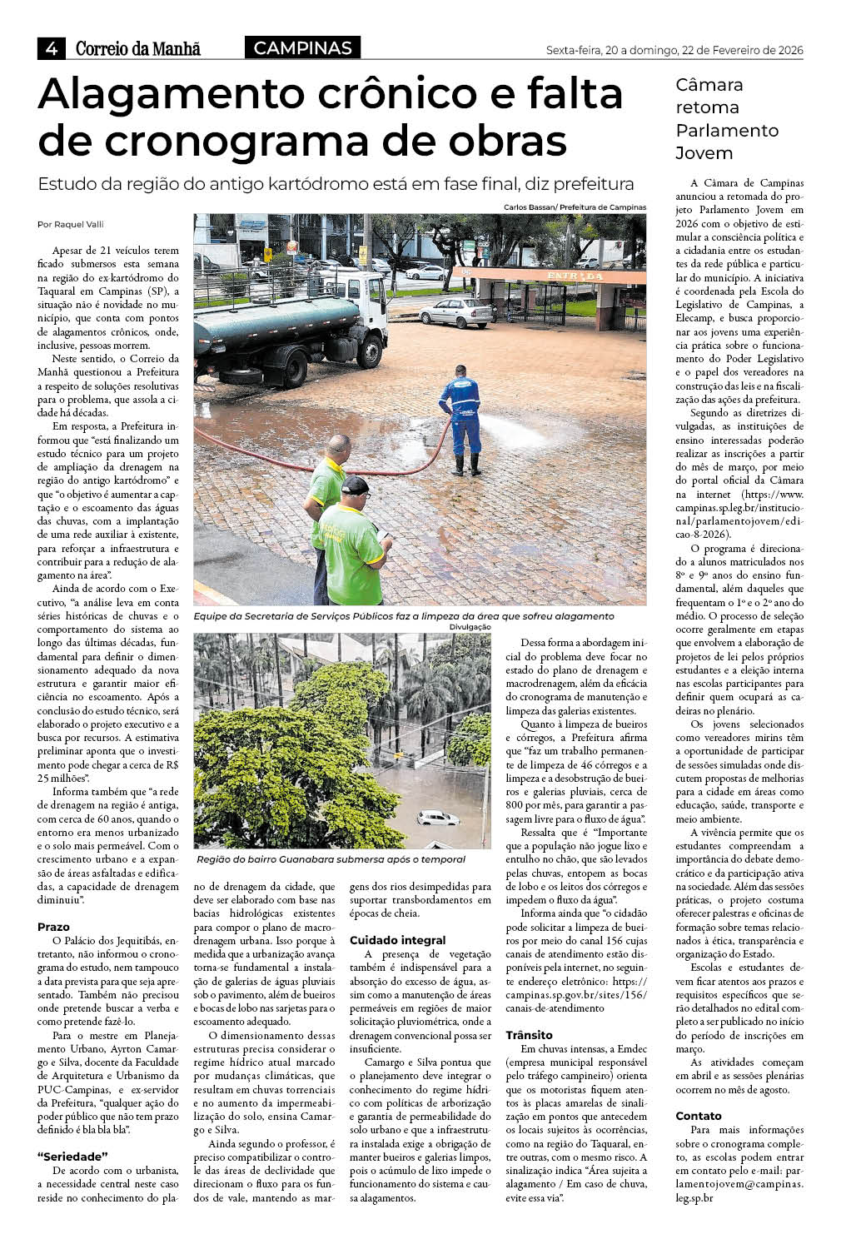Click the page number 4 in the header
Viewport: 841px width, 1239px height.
pos(51,49)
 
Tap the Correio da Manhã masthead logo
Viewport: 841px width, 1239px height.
pos(138,49)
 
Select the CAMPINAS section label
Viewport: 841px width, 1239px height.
pos(302,48)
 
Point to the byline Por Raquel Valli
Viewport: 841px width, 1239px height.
pos(71,224)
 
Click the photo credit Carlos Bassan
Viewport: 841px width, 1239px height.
pos(530,207)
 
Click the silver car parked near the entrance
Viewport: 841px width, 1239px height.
pos(455,313)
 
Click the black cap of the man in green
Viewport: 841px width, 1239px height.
pos(356,485)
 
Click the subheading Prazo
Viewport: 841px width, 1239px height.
pos(53,927)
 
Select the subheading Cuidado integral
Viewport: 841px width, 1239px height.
pos(397,940)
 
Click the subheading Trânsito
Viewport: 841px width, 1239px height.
pos(530,1035)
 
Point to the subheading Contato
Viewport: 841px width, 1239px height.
pos(699,1116)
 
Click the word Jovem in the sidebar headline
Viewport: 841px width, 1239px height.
pos(704,153)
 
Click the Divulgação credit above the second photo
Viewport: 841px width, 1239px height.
pos(470,627)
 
